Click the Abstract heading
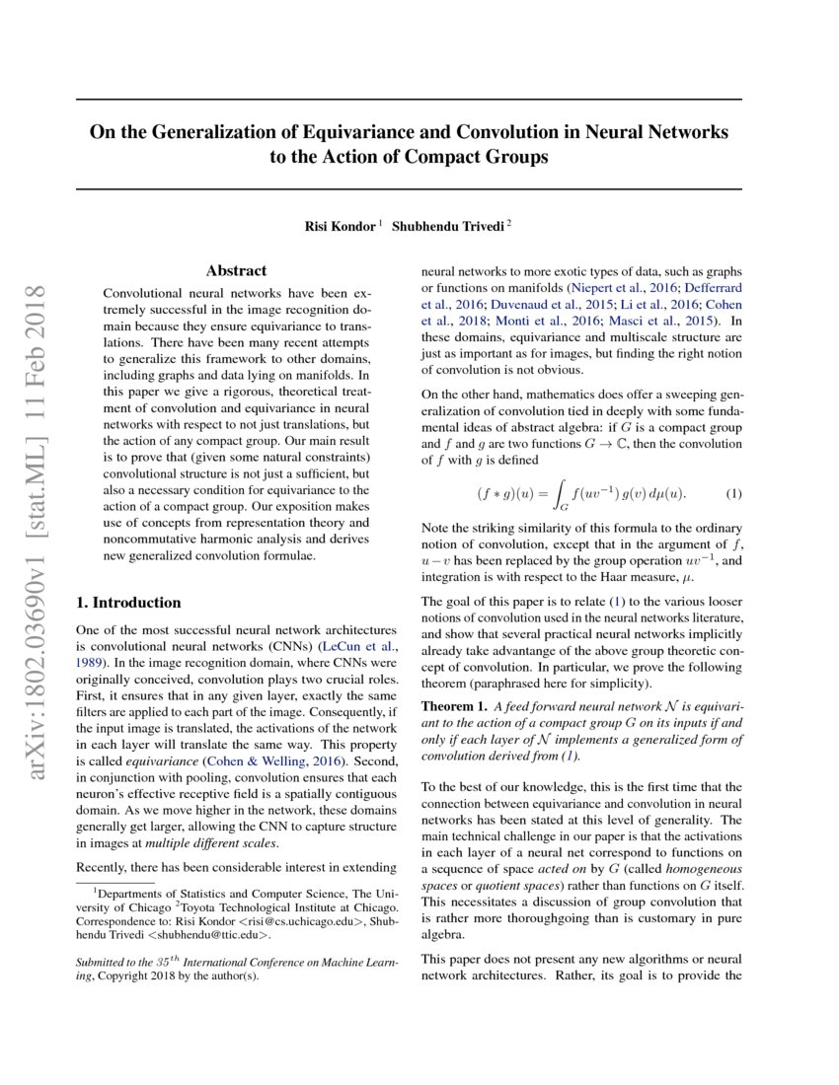(x=236, y=270)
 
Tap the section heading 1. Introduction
(x=128, y=603)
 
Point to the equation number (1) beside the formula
(x=733, y=492)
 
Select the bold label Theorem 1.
(x=454, y=706)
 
